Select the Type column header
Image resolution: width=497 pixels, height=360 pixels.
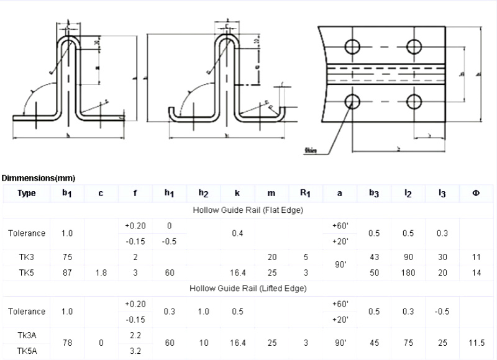click(27, 193)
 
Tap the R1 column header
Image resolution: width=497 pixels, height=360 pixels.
click(305, 193)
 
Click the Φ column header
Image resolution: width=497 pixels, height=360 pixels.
click(476, 193)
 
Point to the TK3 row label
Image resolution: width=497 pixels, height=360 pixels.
click(26, 256)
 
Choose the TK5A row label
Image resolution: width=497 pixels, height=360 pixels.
click(27, 350)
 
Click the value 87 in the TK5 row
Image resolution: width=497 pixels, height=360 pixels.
click(67, 272)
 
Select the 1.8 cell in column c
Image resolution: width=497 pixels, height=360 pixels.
click(101, 272)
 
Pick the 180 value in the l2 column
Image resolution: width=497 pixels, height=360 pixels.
click(408, 272)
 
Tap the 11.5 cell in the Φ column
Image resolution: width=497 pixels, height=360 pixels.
click(476, 342)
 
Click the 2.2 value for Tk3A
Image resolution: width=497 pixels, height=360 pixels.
click(135, 335)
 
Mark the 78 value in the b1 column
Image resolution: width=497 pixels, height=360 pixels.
click(67, 342)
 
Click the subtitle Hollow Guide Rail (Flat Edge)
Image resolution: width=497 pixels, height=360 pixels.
click(248, 210)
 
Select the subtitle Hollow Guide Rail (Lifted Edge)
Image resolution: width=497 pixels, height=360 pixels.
click(248, 288)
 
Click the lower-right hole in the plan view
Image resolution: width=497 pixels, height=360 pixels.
click(414, 101)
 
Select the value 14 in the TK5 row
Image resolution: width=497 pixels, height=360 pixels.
click(476, 272)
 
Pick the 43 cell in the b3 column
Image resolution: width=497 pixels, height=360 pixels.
click(374, 256)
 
